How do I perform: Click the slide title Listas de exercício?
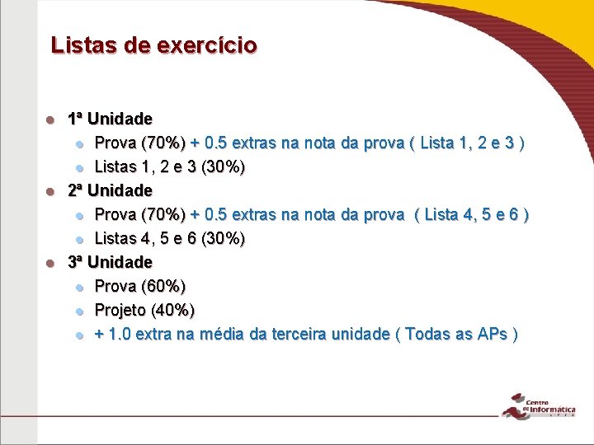pyautogui.click(x=153, y=44)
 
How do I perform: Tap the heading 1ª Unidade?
pyautogui.click(x=110, y=119)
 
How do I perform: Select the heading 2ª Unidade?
pyautogui.click(x=110, y=190)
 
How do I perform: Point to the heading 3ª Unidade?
pyautogui.click(x=110, y=262)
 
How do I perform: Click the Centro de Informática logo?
pyautogui.click(x=541, y=406)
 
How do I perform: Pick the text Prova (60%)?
pyautogui.click(x=140, y=286)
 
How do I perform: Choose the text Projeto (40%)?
pyautogui.click(x=144, y=310)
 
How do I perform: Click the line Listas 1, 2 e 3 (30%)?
pyautogui.click(x=169, y=166)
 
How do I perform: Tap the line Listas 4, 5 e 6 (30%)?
pyautogui.click(x=169, y=238)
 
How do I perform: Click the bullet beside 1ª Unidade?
pyautogui.click(x=50, y=119)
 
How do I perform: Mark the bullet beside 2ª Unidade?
pyautogui.click(x=50, y=191)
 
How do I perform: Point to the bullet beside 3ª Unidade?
pyautogui.click(x=50, y=263)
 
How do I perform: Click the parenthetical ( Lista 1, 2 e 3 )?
pyautogui.click(x=468, y=143)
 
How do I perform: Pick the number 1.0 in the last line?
pyautogui.click(x=118, y=334)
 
